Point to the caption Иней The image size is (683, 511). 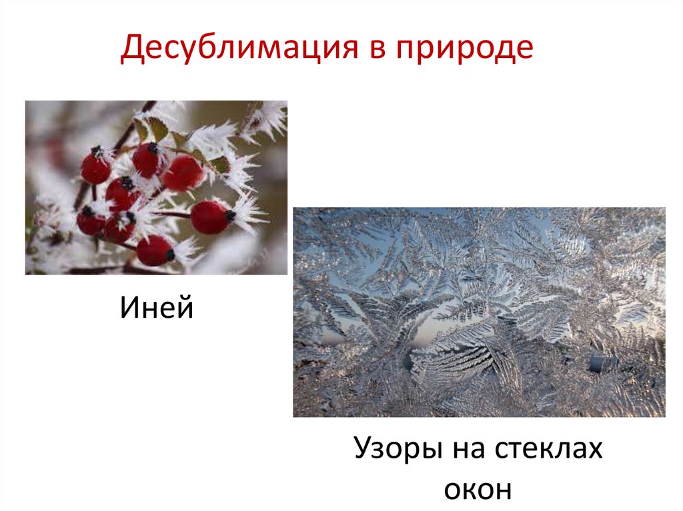[157, 308]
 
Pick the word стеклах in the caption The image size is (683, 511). [548, 449]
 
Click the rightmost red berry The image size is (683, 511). [210, 217]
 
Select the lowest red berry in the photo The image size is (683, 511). [155, 250]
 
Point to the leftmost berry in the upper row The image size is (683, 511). [95, 167]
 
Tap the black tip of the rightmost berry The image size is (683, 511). [230, 215]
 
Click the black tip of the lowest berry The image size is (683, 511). [170, 255]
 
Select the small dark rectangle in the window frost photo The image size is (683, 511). [600, 363]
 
